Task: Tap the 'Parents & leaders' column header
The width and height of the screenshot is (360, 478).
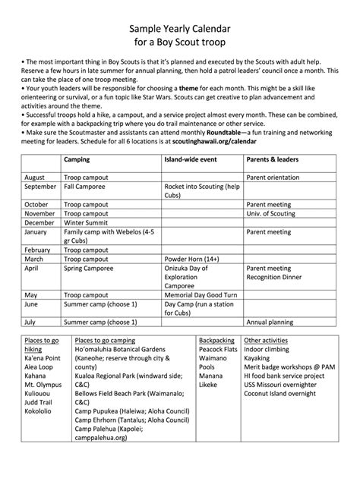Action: pyautogui.click(x=272, y=160)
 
